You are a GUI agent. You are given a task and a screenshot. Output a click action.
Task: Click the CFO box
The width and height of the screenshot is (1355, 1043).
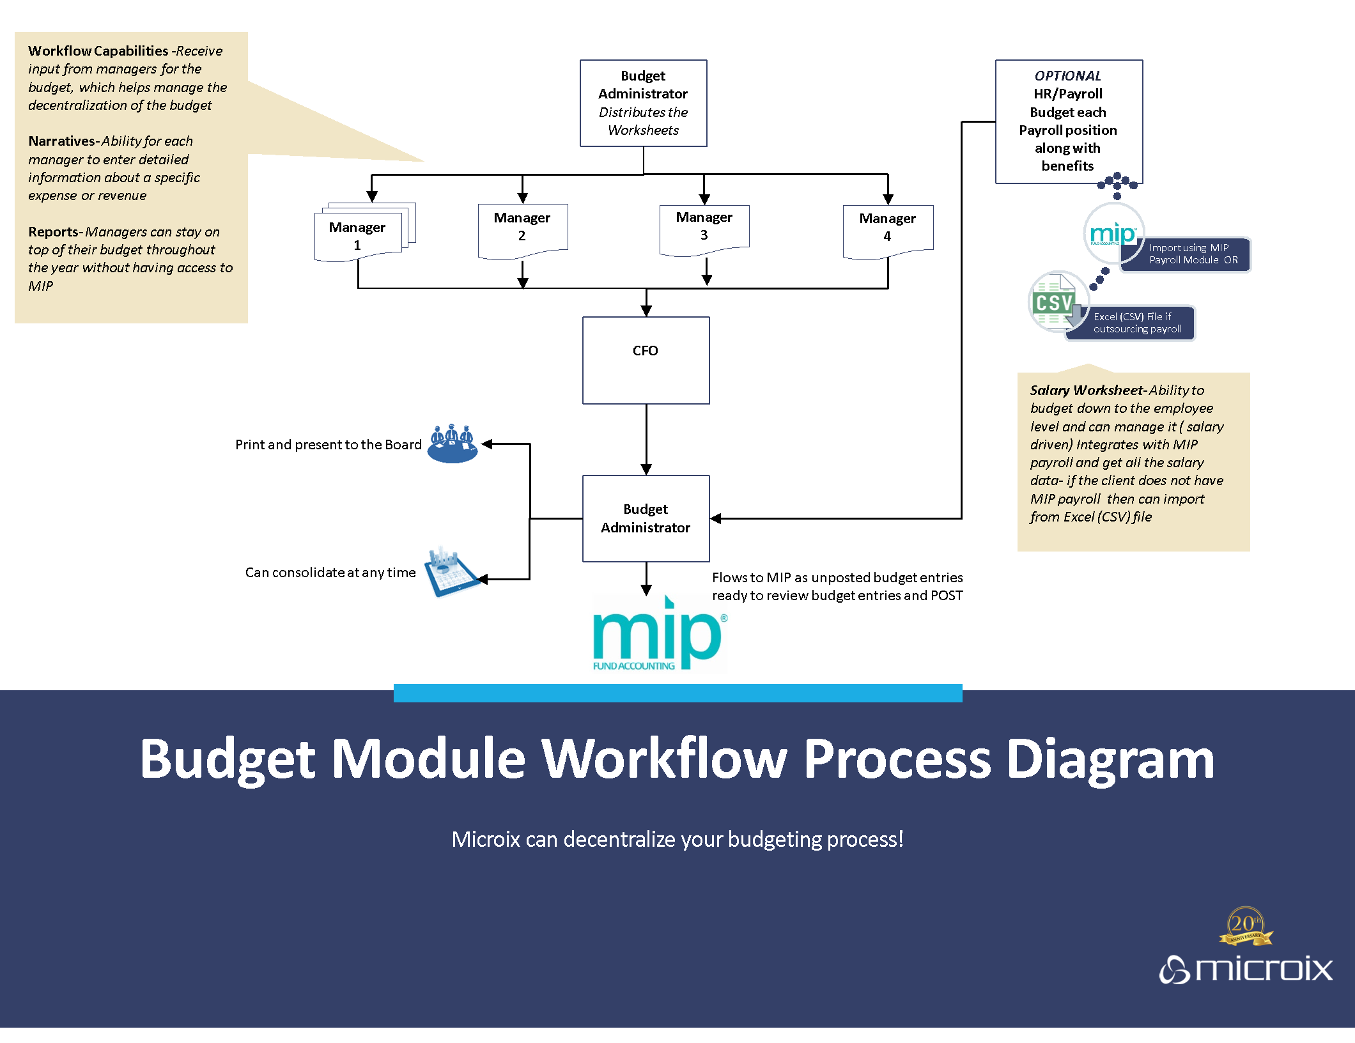coord(646,360)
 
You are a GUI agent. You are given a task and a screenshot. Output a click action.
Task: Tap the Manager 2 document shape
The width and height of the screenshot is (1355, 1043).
coord(522,229)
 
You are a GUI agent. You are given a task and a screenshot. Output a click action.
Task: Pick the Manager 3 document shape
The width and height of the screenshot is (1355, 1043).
coord(704,228)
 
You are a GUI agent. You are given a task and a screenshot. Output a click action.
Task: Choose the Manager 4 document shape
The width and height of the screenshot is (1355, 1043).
coord(887,229)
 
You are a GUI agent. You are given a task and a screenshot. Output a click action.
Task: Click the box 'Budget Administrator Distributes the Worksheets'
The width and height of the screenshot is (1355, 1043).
coord(643,103)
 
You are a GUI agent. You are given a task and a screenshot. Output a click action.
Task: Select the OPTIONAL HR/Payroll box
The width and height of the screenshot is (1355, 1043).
coord(1068,121)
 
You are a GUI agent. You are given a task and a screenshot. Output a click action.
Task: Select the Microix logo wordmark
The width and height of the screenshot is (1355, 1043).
coord(1246,969)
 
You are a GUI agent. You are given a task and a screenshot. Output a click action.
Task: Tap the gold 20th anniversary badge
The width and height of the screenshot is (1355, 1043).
coord(1245,926)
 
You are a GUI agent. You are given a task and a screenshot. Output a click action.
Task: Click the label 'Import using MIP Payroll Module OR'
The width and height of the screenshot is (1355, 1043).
coord(1193,254)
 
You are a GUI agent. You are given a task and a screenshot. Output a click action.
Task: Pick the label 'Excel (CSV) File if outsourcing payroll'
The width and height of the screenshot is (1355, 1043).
coord(1136,323)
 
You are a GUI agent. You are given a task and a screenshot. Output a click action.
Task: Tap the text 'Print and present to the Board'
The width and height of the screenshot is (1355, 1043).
coord(329,445)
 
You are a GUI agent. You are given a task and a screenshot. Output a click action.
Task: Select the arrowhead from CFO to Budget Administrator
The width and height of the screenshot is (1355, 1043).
coord(646,469)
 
